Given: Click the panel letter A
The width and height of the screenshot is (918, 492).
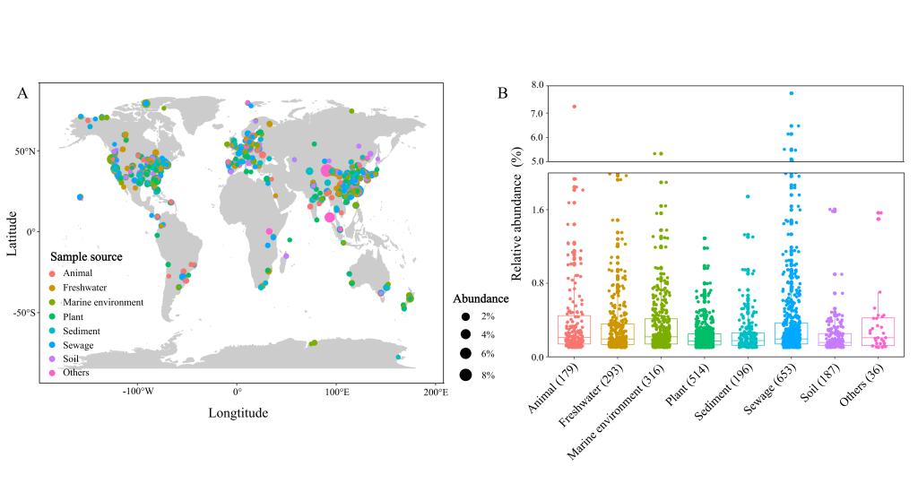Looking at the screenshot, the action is point(22,93).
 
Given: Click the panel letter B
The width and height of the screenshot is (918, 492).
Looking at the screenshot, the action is point(502,93).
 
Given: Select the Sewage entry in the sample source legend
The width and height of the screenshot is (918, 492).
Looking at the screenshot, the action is point(79,345).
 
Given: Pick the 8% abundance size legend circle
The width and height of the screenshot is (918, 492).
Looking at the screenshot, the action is point(465,375).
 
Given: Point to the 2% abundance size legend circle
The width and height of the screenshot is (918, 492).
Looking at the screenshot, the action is point(465,316).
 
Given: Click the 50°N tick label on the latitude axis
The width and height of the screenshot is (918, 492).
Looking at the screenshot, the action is point(25,151).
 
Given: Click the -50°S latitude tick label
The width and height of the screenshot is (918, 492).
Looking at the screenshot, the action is point(24,313).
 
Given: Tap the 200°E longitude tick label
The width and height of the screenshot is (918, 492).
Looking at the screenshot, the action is point(436,392).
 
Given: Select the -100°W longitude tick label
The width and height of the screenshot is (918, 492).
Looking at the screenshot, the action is point(137,392).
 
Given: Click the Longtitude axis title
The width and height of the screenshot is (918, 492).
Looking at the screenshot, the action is point(238,413).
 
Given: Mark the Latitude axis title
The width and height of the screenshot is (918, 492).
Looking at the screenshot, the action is point(12,233).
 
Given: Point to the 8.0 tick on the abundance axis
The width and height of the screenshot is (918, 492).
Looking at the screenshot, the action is point(536,85).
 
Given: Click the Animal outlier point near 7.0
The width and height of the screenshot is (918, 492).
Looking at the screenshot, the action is point(575,107).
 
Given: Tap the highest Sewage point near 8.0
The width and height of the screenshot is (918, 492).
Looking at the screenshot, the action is point(792,93).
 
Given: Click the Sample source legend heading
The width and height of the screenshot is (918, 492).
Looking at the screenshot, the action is point(86,257).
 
